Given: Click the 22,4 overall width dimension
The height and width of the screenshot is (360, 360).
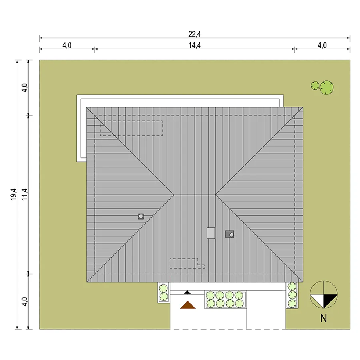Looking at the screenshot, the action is pos(194,34).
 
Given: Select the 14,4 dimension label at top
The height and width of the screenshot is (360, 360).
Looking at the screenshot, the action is pos(195,46).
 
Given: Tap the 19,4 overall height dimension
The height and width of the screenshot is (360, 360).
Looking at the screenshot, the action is pos(13,194).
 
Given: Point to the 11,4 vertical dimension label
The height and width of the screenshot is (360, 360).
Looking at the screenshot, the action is pos(24,194).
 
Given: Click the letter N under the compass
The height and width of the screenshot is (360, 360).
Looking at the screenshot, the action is pos(324,318).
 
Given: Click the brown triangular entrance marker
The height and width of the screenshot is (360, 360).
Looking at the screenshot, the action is pos(188,305).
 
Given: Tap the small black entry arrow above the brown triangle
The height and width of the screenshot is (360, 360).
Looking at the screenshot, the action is pos(188,292).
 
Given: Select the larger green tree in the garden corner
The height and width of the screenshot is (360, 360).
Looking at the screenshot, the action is pos(326,88).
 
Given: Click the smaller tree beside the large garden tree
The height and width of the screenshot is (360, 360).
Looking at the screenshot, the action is pos(315,86).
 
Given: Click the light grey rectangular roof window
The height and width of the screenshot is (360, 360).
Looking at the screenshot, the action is pos(211,233).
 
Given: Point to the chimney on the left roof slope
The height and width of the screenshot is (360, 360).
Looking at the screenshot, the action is pos(141,216).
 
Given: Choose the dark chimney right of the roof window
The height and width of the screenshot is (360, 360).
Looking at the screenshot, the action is pos(230,234).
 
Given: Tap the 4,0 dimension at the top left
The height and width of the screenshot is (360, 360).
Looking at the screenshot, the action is pos(67,46).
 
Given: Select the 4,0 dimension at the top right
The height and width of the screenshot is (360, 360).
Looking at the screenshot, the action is pos(322,46).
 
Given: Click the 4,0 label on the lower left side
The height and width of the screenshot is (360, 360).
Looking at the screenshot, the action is pos(24,302).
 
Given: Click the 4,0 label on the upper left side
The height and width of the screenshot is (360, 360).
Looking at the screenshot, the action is pos(24,88).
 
